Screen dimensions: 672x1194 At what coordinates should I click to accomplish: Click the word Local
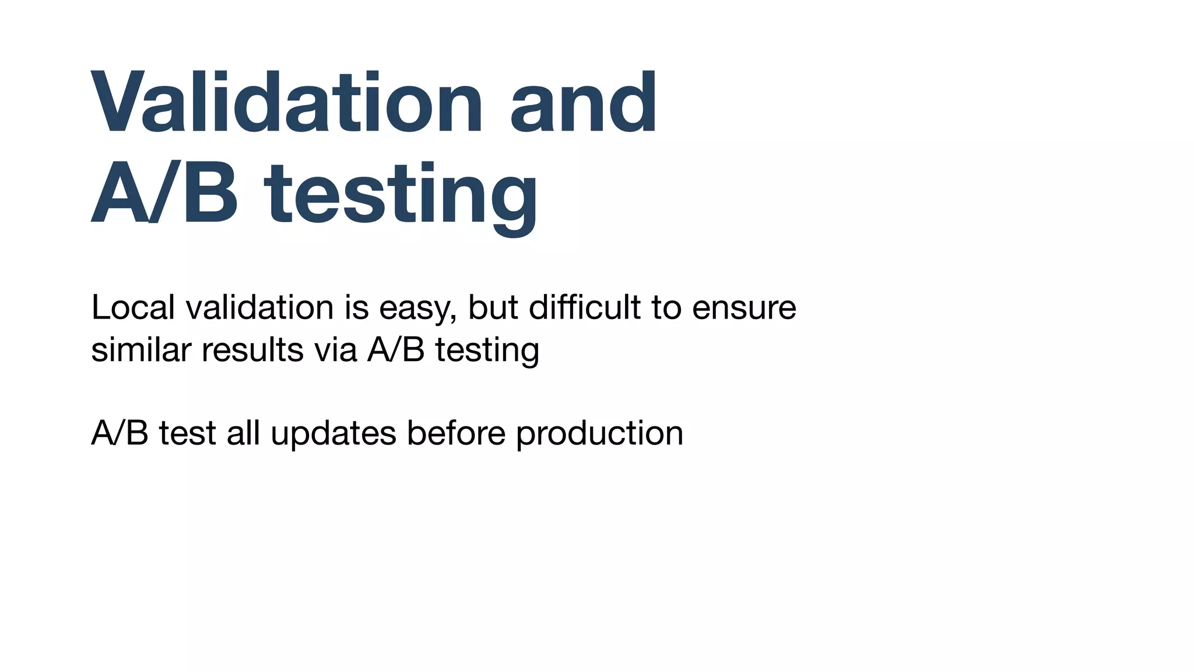point(133,307)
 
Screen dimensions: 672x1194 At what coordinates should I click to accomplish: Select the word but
point(493,307)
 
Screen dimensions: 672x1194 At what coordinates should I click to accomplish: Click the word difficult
point(585,307)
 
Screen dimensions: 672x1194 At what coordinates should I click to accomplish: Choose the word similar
point(141,350)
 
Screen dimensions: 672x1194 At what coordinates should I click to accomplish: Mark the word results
point(252,350)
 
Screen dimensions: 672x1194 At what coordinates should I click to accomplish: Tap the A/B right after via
point(396,350)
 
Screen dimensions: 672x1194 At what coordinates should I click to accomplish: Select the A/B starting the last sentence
point(120,433)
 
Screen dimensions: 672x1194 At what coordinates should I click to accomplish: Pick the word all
point(243,433)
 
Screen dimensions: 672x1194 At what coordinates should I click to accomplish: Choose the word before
point(456,433)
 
